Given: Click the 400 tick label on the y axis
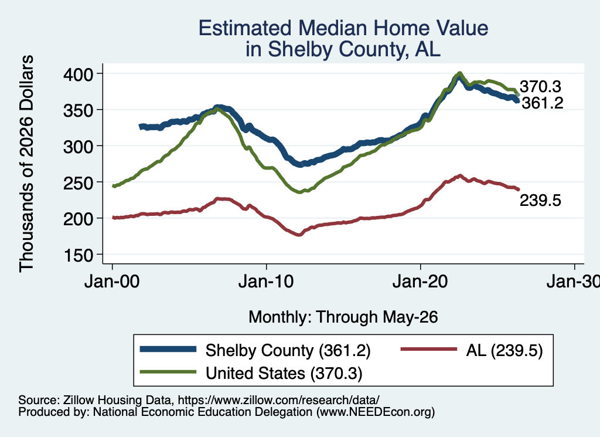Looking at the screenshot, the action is point(78,74).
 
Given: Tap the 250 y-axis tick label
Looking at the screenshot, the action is point(78,182).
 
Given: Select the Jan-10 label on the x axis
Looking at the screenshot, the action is point(266,282).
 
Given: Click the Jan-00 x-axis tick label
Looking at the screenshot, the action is point(112,282).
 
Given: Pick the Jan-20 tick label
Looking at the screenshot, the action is point(420,282).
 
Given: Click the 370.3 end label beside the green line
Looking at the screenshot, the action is point(540,87).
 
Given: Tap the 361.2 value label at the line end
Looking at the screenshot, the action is point(543,103).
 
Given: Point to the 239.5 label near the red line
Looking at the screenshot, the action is point(540,200).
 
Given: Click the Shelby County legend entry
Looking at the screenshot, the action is point(288,350).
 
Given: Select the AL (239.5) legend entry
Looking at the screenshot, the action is point(504,350).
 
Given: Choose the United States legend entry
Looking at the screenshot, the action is point(284,374).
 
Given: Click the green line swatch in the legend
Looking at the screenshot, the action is point(168,372).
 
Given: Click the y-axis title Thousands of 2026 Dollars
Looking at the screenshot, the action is point(26,164).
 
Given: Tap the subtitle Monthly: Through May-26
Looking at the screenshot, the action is point(343,317).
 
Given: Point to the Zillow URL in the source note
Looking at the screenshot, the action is point(278,400).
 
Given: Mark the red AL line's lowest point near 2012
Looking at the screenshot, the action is point(299,235).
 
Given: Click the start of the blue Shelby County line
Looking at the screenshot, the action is point(141,127).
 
